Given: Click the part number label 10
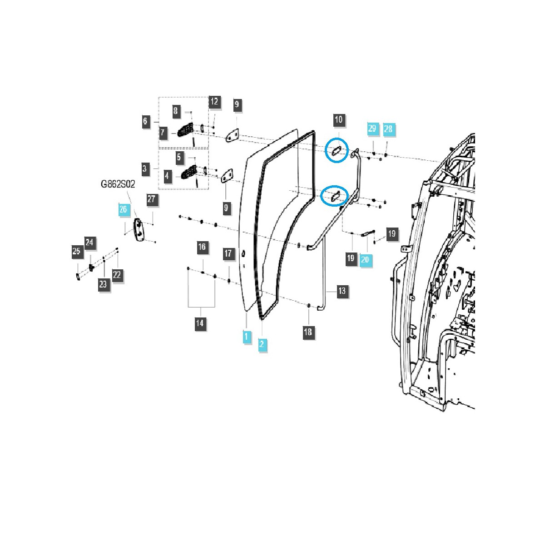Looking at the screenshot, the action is pos(338,119).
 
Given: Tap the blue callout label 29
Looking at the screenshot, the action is pos(372,129).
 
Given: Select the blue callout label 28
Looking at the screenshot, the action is pos(388,129).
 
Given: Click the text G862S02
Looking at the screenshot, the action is pos(118,184).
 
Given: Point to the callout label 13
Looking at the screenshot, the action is pos(342,291).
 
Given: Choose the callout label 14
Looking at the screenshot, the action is pos(200,323).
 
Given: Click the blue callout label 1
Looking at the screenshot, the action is pos(247,337).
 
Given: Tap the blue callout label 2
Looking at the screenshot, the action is pos(262,344).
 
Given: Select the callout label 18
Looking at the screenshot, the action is pos(308,332).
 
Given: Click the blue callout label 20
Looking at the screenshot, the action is pos(365,260).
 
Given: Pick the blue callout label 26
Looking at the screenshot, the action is pos(124,209).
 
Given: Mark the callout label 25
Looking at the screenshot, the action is pos(76,251).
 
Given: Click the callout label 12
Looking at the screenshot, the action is pos(214,101).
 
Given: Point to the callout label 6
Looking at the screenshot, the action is pos(145,121).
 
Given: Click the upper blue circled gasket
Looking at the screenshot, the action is pos(336,150).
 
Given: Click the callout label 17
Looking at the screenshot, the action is pos(228,253).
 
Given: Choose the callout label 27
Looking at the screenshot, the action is pos(151,199).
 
